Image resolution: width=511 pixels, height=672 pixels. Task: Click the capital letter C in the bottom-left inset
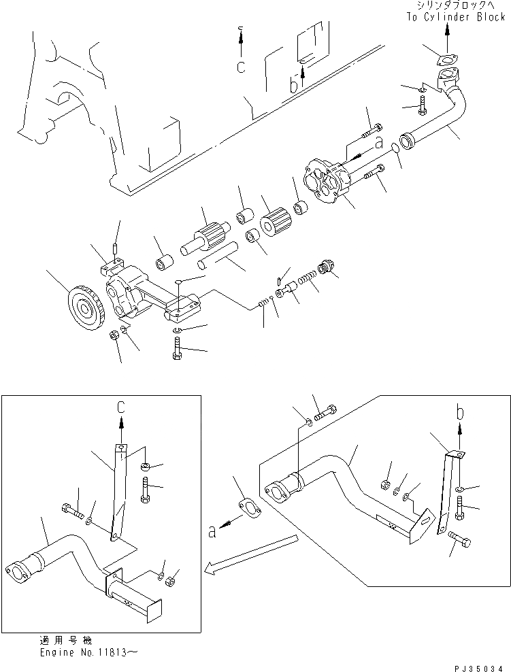pos(121,407)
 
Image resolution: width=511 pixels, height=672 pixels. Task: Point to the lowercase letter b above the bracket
pos(460,412)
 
